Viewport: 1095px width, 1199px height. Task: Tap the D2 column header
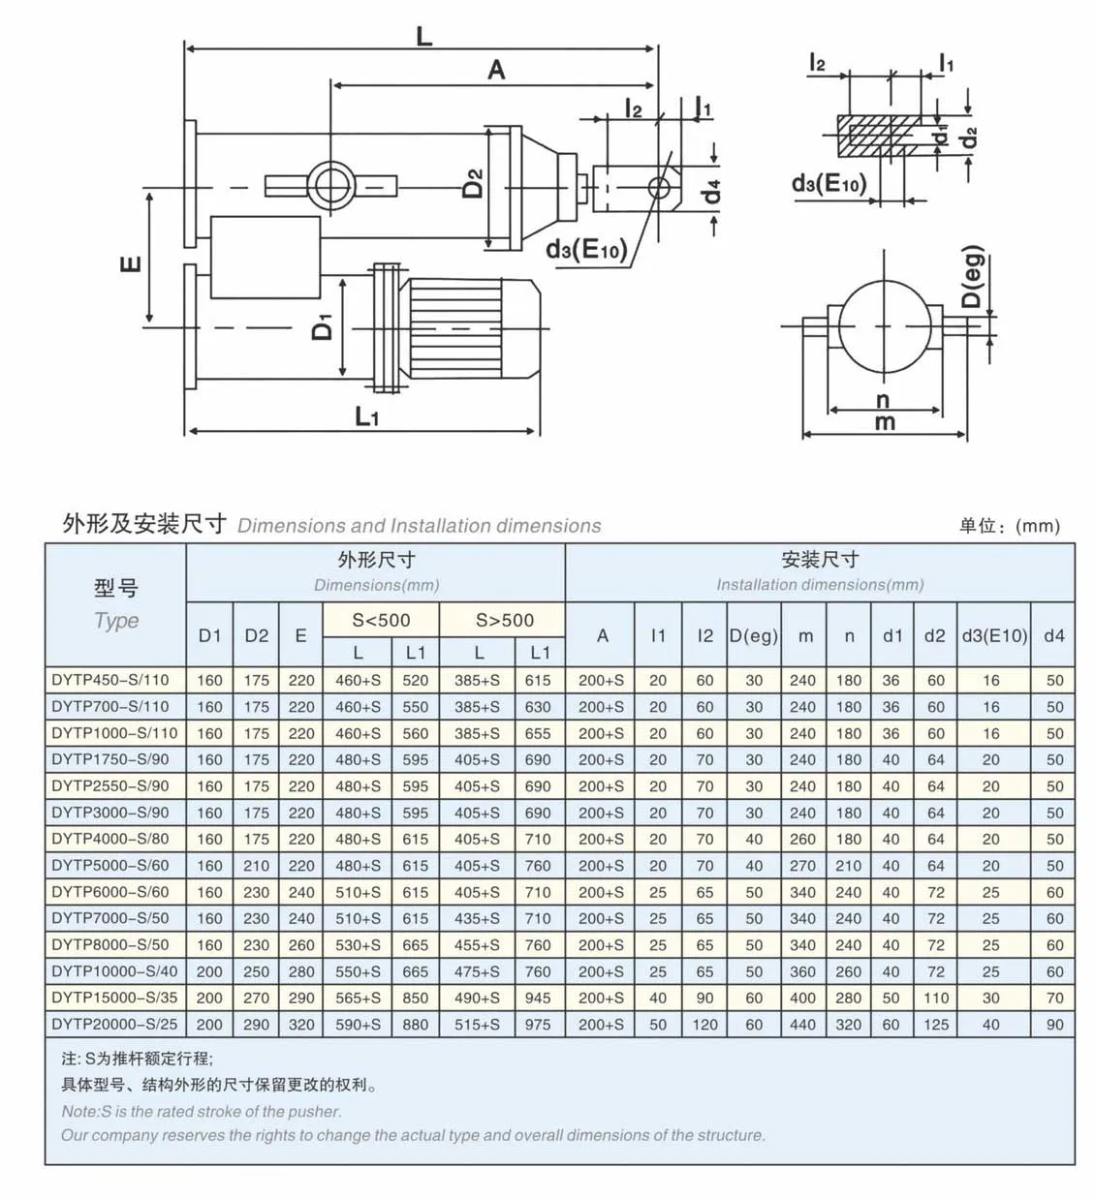coord(257,635)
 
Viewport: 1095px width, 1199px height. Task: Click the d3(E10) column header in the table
coord(993,635)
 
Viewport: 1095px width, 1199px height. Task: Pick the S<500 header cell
coord(381,620)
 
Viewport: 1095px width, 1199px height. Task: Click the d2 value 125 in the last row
coord(935,1024)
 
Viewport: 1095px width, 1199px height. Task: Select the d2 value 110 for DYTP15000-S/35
coord(935,998)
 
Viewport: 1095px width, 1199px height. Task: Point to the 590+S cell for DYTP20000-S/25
coord(358,1024)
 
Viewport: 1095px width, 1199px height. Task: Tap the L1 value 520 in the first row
coord(415,680)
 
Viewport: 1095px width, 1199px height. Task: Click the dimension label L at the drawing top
coord(423,37)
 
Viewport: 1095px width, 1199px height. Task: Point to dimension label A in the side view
coord(496,71)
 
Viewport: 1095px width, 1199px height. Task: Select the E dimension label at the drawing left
coord(132,262)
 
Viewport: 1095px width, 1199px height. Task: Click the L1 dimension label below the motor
coord(366,417)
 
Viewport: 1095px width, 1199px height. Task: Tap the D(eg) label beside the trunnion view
coord(972,276)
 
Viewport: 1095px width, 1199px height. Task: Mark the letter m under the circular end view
coord(884,422)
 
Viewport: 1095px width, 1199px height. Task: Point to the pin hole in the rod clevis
coord(659,186)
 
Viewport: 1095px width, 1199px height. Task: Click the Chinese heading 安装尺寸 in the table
coord(819,559)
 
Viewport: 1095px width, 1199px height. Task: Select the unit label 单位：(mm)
coord(1009,526)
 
